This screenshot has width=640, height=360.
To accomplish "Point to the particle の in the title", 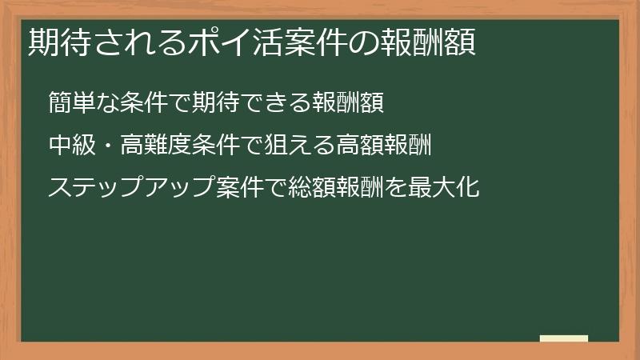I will tap(377, 42).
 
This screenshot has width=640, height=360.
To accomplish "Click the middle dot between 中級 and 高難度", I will tap(108, 145).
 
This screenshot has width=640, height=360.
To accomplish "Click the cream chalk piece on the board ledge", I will tap(564, 338).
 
